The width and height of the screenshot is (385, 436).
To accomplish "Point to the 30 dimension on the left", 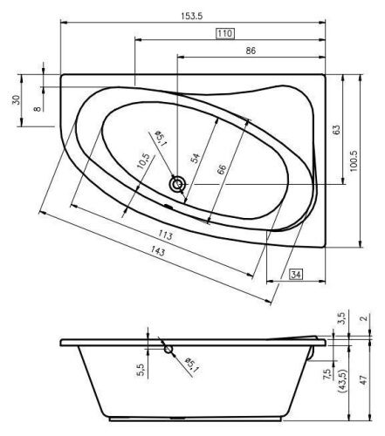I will [15, 99].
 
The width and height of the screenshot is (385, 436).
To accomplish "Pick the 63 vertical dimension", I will [336, 129].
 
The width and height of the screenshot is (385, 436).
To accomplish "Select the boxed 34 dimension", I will [296, 276].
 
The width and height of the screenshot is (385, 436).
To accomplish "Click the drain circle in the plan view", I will [178, 184].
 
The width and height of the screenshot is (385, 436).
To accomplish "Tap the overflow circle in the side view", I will [168, 351].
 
